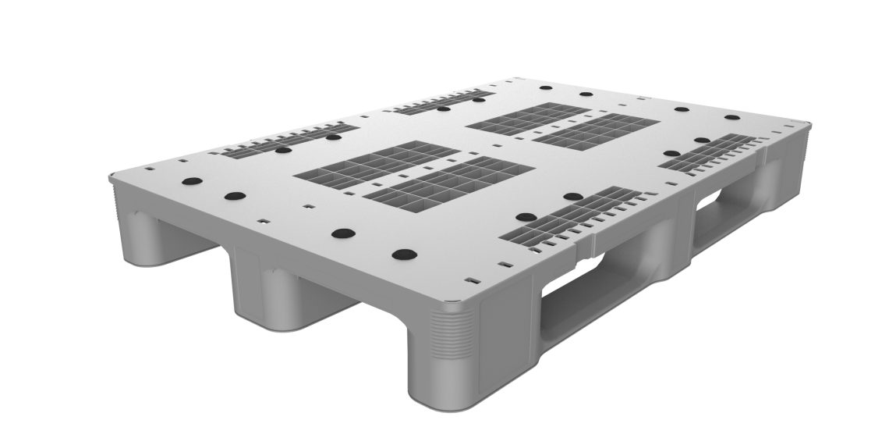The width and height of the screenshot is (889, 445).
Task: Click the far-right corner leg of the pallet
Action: click(x=788, y=172)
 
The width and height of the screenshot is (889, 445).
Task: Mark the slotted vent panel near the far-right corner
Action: click(x=710, y=153)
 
